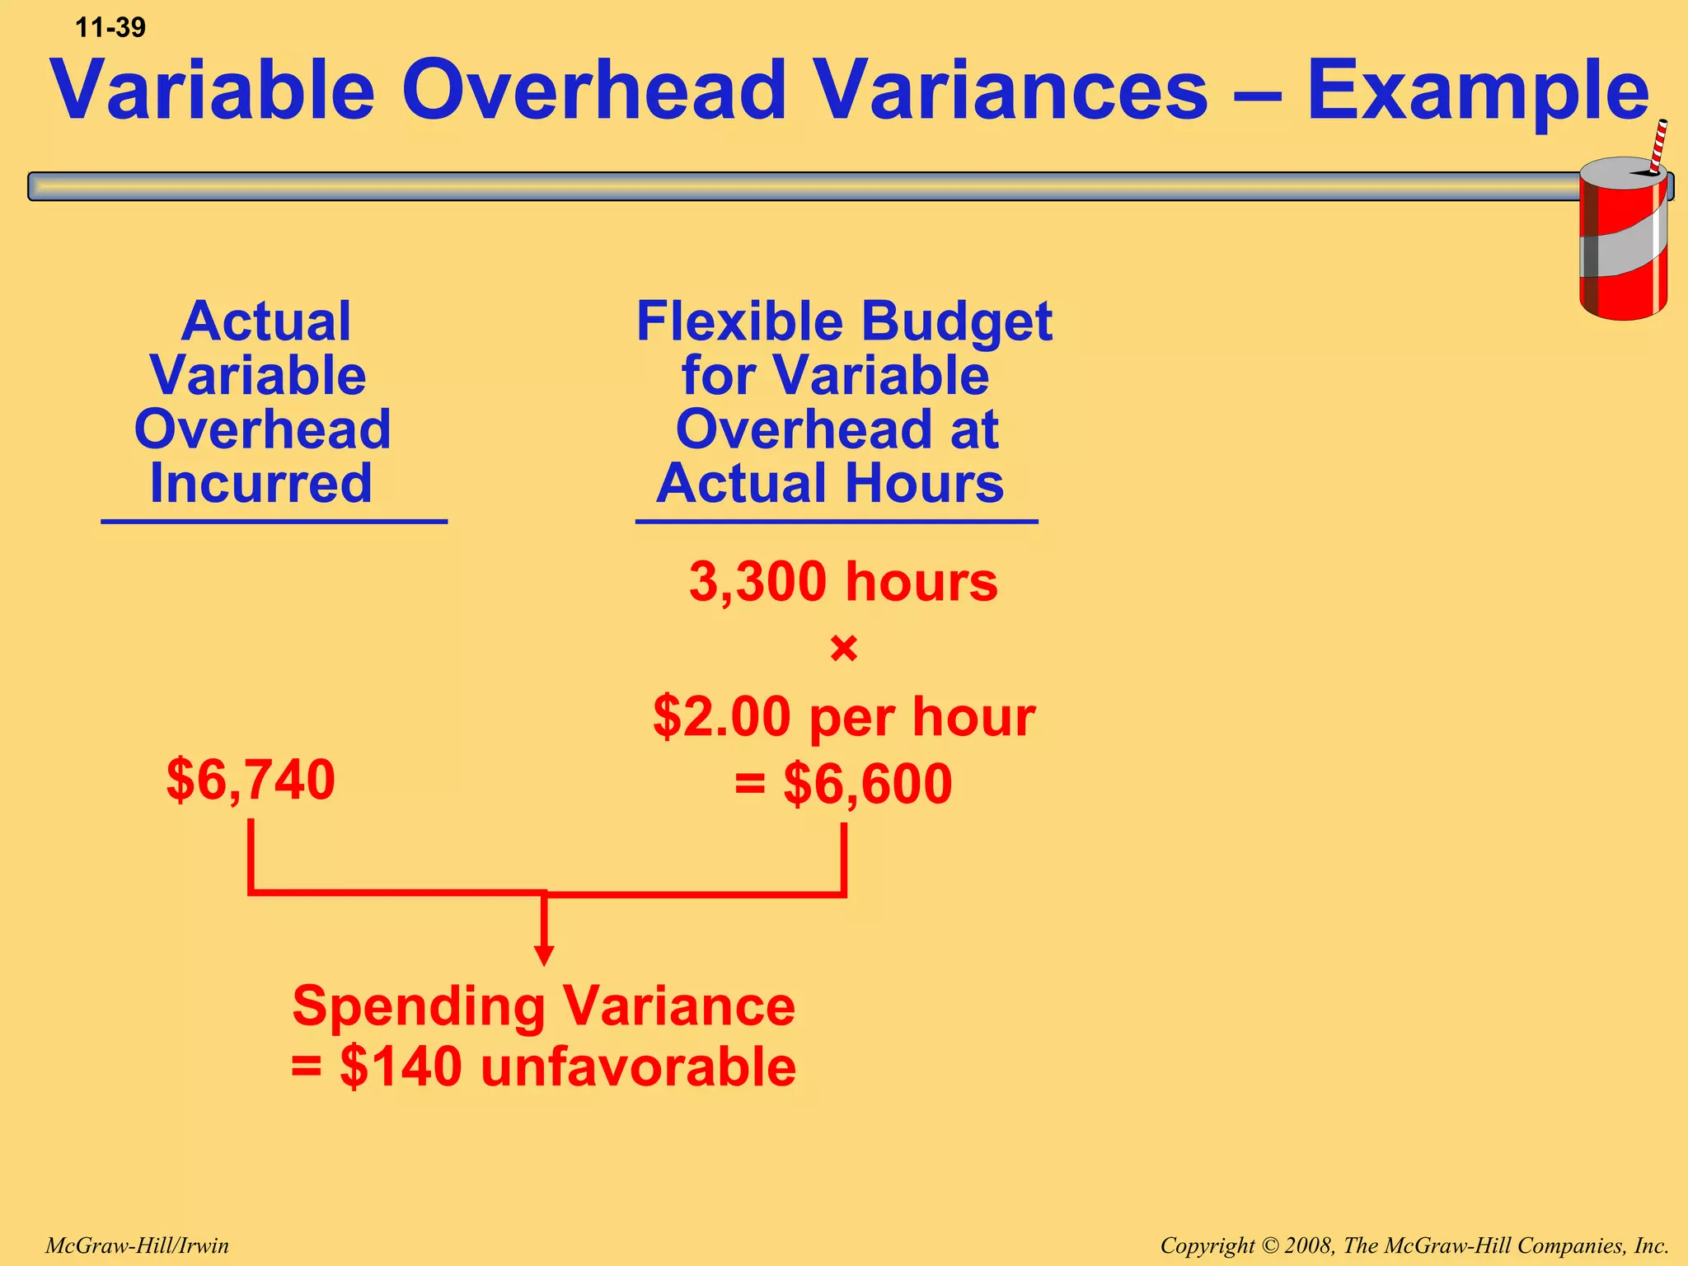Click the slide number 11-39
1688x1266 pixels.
coord(110,28)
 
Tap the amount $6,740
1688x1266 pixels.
coord(251,780)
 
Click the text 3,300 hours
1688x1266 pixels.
coord(843,582)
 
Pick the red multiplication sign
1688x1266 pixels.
coord(844,649)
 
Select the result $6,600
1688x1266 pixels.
coord(867,784)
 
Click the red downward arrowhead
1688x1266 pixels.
coord(544,955)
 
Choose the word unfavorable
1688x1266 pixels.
coord(638,1067)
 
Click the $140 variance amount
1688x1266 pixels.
coord(401,1067)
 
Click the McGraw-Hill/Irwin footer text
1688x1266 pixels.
coord(137,1245)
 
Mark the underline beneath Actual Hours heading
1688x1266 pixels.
coord(836,522)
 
